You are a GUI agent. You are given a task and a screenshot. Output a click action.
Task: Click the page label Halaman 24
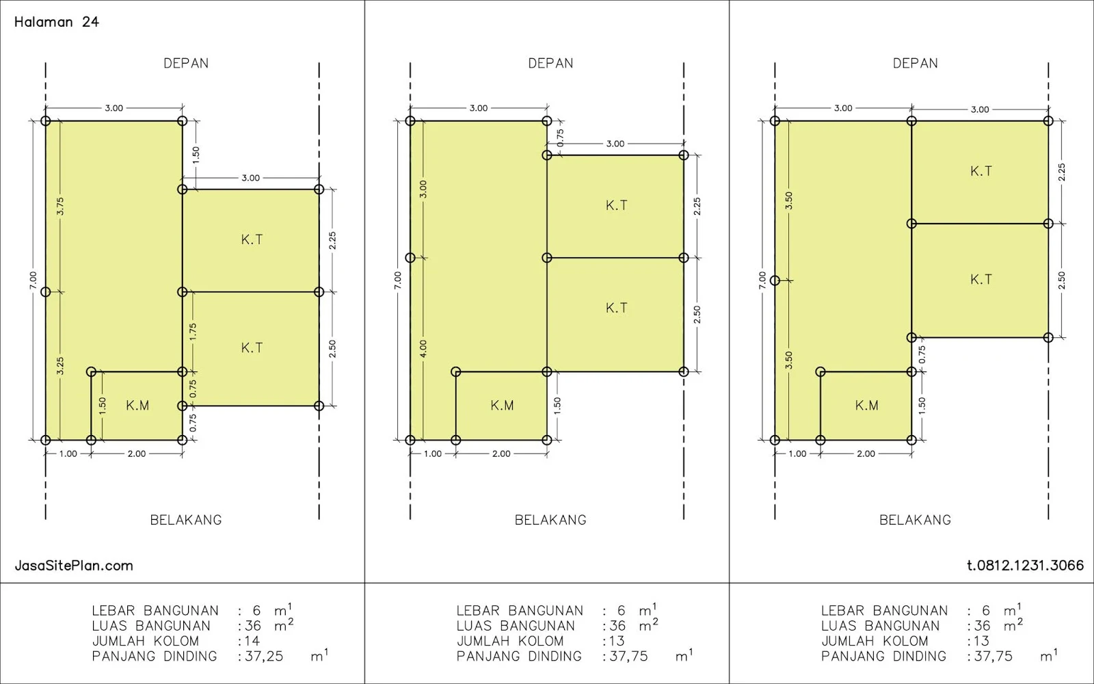click(57, 22)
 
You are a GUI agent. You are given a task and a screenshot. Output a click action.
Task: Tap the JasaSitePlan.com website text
click(74, 566)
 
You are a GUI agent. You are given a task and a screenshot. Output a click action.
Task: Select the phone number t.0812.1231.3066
click(1025, 565)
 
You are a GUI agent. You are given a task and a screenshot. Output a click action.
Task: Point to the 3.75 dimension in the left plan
click(60, 206)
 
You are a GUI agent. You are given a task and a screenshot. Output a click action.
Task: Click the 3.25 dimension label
click(60, 366)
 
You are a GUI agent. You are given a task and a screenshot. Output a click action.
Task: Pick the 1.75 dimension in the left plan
click(193, 332)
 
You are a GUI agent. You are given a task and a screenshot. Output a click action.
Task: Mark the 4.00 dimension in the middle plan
click(423, 349)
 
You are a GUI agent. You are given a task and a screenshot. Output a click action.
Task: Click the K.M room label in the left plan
click(137, 406)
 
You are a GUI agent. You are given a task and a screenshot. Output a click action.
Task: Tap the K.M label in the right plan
click(867, 406)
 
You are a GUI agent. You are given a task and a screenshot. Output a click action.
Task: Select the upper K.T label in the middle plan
click(616, 206)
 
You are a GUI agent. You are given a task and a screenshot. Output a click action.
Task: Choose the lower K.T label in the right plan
click(981, 280)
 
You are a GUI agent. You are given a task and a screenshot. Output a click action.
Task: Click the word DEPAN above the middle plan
click(550, 64)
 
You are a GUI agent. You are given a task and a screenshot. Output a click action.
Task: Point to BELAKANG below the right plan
click(916, 520)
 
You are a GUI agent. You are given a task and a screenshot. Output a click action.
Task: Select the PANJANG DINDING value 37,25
click(264, 656)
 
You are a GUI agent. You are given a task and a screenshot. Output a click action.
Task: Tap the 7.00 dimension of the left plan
click(33, 280)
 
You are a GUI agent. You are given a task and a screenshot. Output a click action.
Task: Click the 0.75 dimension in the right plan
click(922, 355)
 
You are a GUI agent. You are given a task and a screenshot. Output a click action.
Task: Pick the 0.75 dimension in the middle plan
click(560, 137)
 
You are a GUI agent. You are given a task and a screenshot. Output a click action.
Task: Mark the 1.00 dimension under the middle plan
click(433, 454)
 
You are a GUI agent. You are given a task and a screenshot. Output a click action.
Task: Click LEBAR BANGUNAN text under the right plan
click(885, 611)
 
